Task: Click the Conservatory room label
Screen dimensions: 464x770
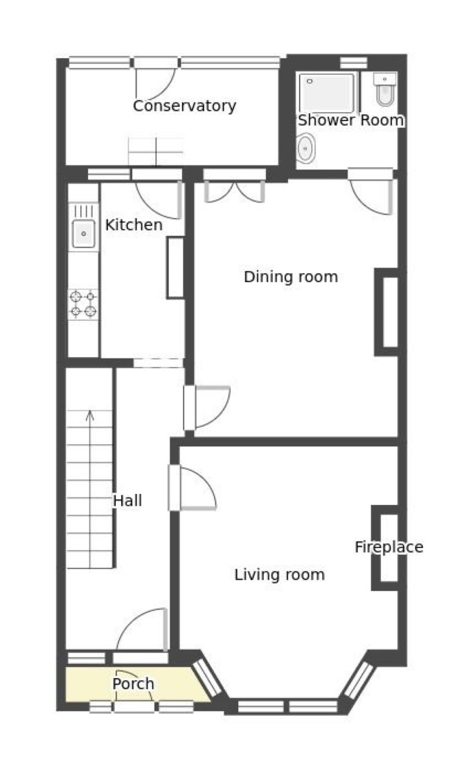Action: pyautogui.click(x=184, y=106)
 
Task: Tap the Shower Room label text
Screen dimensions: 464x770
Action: pyautogui.click(x=350, y=120)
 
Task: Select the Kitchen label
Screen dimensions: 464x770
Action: pyautogui.click(x=134, y=225)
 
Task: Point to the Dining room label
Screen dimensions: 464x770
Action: pyautogui.click(x=291, y=277)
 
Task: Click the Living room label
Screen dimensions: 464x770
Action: pyautogui.click(x=280, y=574)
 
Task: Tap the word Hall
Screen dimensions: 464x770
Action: pyautogui.click(x=127, y=501)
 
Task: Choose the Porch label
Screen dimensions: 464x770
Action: pyautogui.click(x=133, y=684)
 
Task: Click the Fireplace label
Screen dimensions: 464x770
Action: pyautogui.click(x=389, y=547)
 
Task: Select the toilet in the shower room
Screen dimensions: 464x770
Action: pyautogui.click(x=385, y=89)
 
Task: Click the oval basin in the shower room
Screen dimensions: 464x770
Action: pyautogui.click(x=305, y=147)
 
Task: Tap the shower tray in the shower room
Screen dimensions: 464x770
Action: pyautogui.click(x=327, y=93)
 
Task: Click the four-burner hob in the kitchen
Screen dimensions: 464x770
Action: pyautogui.click(x=83, y=304)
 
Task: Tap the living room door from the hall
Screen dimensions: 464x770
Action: pyautogui.click(x=193, y=488)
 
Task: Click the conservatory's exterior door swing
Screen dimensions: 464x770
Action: pyautogui.click(x=156, y=84)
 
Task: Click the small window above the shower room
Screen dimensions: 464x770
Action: pyautogui.click(x=354, y=63)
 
